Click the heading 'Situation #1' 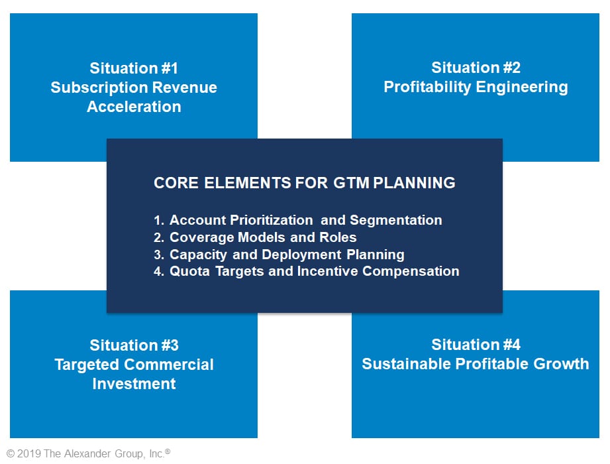pyautogui.click(x=134, y=68)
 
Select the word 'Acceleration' pyautogui.click(x=134, y=106)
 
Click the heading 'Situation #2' pyautogui.click(x=476, y=68)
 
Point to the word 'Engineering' pyautogui.click(x=522, y=87)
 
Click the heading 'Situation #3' pyautogui.click(x=134, y=345)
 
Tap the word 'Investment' pyautogui.click(x=134, y=383)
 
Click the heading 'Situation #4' pyautogui.click(x=476, y=345)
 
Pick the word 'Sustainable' pyautogui.click(x=406, y=363)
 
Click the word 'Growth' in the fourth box pyautogui.click(x=561, y=363)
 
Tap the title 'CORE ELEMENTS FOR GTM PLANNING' pyautogui.click(x=305, y=182)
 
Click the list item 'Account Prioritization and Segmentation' pyautogui.click(x=306, y=220)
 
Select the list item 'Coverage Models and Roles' pyautogui.click(x=263, y=237)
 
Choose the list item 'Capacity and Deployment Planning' pyautogui.click(x=287, y=255)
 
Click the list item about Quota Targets pyautogui.click(x=315, y=271)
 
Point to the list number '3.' pyautogui.click(x=159, y=255)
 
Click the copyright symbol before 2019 pyautogui.click(x=11, y=453)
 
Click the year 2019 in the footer pyautogui.click(x=29, y=453)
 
